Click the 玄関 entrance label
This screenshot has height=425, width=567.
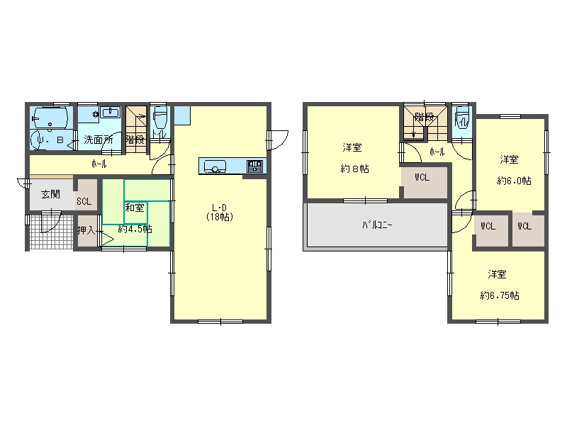50,194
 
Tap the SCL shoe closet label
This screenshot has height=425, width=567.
84,202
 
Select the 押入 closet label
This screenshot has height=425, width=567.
86,229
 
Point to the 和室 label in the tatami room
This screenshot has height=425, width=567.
135,208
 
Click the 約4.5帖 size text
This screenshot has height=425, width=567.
135,229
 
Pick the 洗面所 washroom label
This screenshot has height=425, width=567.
99,140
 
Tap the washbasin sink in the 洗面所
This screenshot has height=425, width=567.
110,113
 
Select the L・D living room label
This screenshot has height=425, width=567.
220,208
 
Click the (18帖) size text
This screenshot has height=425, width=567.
220,217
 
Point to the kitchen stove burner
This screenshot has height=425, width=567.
254,166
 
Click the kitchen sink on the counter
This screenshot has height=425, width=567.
215,167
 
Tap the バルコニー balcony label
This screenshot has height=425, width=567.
378,225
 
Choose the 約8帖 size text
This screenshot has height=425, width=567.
355,169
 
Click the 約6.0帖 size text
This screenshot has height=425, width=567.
515,181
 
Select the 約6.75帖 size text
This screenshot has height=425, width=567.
500,295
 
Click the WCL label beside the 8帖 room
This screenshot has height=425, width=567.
422,178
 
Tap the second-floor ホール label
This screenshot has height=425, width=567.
437,152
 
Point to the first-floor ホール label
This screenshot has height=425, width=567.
99,164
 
